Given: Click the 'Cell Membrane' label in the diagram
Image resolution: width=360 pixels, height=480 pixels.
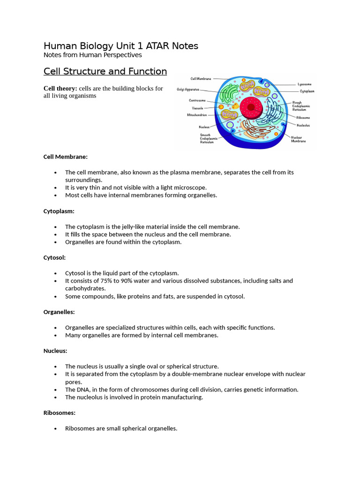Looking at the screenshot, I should pyautogui.click(x=201, y=79).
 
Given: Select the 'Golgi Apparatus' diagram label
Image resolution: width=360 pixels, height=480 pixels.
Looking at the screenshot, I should pyautogui.click(x=188, y=89).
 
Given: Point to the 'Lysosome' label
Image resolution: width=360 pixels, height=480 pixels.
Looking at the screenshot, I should pyautogui.click(x=304, y=84).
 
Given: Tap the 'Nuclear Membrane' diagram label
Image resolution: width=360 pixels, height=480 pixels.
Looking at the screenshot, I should pyautogui.click(x=299, y=139).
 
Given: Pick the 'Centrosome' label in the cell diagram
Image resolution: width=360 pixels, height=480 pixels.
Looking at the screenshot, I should pyautogui.click(x=197, y=100).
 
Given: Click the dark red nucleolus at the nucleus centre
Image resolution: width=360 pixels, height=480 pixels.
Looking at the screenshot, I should pyautogui.click(x=251, y=107).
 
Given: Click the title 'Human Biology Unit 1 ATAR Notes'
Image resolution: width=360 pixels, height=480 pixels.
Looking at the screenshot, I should pyautogui.click(x=120, y=46).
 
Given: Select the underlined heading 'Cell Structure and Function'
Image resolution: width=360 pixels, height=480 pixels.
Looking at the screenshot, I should pyautogui.click(x=105, y=71).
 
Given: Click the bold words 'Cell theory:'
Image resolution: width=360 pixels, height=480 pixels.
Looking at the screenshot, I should pyautogui.click(x=60, y=89).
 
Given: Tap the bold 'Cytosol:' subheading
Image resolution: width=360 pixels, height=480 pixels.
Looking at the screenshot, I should pyautogui.click(x=54, y=257).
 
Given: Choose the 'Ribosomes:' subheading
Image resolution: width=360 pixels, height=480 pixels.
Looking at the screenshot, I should pyautogui.click(x=60, y=413).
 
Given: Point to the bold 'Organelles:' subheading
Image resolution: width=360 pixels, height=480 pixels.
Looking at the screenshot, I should pyautogui.click(x=59, y=312).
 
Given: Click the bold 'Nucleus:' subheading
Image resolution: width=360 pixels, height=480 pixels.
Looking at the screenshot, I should pyautogui.click(x=55, y=351).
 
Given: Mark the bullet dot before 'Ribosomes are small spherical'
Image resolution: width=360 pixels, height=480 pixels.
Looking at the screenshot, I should pyautogui.click(x=56, y=428).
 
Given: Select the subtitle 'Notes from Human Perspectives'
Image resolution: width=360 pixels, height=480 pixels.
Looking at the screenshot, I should pyautogui.click(x=92, y=55).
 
